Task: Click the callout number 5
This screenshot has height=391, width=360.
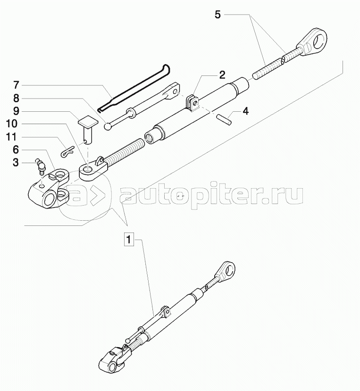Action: coord(218,14)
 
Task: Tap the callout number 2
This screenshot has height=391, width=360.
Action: coord(222,75)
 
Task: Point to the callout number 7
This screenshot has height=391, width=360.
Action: coord(16,86)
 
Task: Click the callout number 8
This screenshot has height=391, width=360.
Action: coord(16,99)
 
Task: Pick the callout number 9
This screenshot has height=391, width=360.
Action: coord(16,112)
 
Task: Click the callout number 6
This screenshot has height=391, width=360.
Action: coord(16,150)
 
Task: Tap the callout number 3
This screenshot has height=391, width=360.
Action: coord(16,163)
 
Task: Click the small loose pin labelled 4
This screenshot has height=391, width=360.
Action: coord(225,118)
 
